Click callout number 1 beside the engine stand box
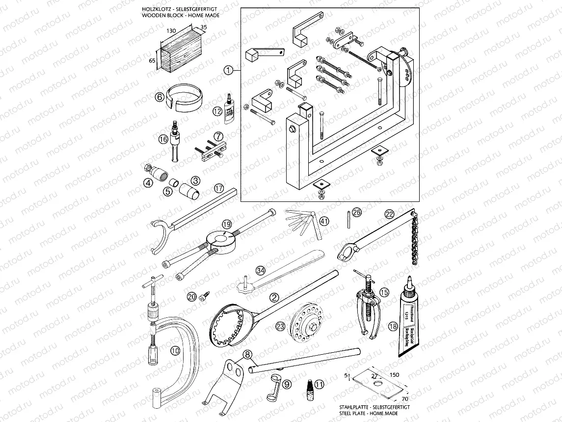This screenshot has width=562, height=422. click(x=228, y=70)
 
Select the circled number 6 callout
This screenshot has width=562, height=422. click(x=160, y=97)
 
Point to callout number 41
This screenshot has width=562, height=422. click(x=324, y=221)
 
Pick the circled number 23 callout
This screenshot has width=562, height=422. click(x=280, y=326)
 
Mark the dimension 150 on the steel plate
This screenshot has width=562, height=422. click(x=394, y=374)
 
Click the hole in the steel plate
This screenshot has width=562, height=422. click(x=376, y=382)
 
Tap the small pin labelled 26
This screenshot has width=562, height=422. click(x=348, y=219)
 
